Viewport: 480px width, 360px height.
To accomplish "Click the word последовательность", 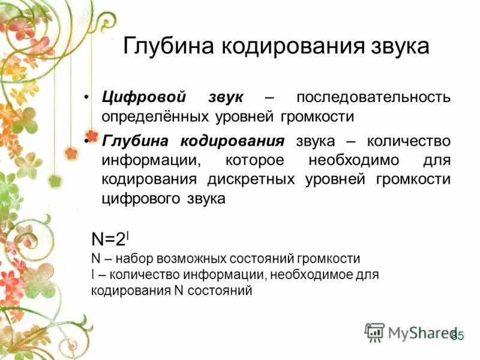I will pyautogui.click(x=373, y=97).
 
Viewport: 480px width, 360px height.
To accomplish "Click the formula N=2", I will pyautogui.click(x=108, y=239).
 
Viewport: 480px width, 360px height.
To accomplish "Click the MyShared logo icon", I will pyautogui.click(x=374, y=332).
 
